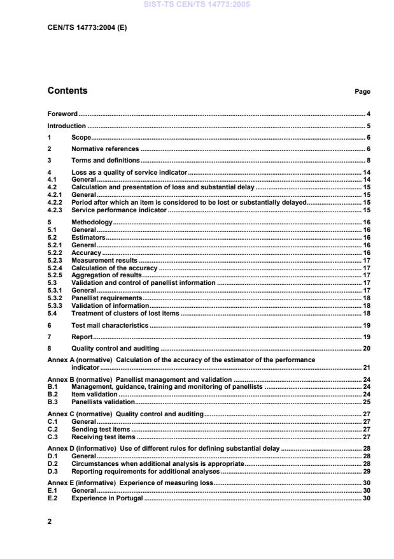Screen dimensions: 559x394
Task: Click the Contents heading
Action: pos(67,91)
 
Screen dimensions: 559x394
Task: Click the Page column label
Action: pos(362,92)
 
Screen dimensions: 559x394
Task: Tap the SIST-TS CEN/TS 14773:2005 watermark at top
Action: pos(197,4)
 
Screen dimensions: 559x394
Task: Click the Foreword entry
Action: pos(62,113)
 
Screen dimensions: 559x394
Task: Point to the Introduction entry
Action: pos(67,126)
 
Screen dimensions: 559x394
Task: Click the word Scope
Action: pos(81,138)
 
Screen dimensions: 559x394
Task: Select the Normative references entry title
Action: pos(105,149)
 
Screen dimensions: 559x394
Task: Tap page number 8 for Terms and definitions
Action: pos(368,161)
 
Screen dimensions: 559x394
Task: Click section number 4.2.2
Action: pos(56,202)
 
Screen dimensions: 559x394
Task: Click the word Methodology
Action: pos(92,222)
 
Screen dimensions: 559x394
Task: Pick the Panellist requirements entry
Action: pos(107,298)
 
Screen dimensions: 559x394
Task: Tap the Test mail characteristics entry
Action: pos(110,325)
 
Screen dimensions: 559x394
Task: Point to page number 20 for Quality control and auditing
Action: pos(366,349)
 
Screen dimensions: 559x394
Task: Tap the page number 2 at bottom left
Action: pos(50,521)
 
